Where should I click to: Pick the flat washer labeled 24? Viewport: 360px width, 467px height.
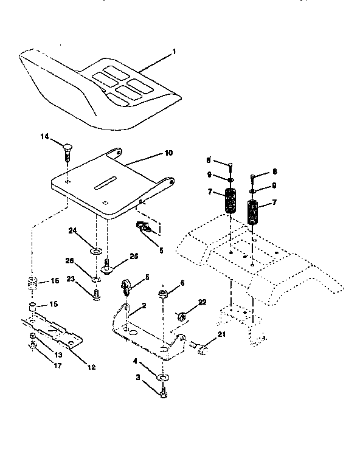pyautogui.click(x=95, y=250)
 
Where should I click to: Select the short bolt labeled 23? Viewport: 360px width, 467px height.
pyautogui.click(x=95, y=294)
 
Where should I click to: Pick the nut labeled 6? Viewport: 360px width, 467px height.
pyautogui.click(x=164, y=296)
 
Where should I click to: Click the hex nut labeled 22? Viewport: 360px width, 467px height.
pyautogui.click(x=181, y=316)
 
